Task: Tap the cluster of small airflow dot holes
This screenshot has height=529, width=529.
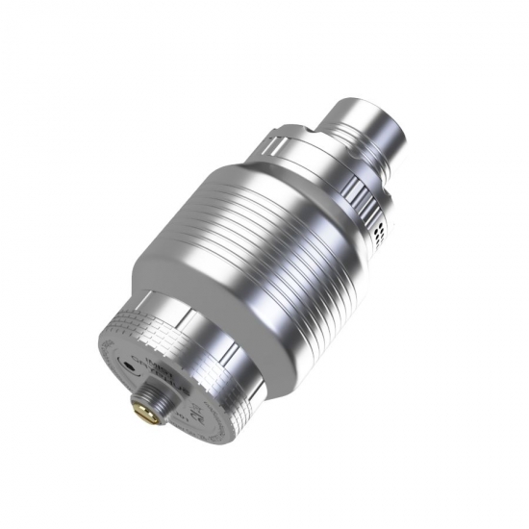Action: pos(382,227)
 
